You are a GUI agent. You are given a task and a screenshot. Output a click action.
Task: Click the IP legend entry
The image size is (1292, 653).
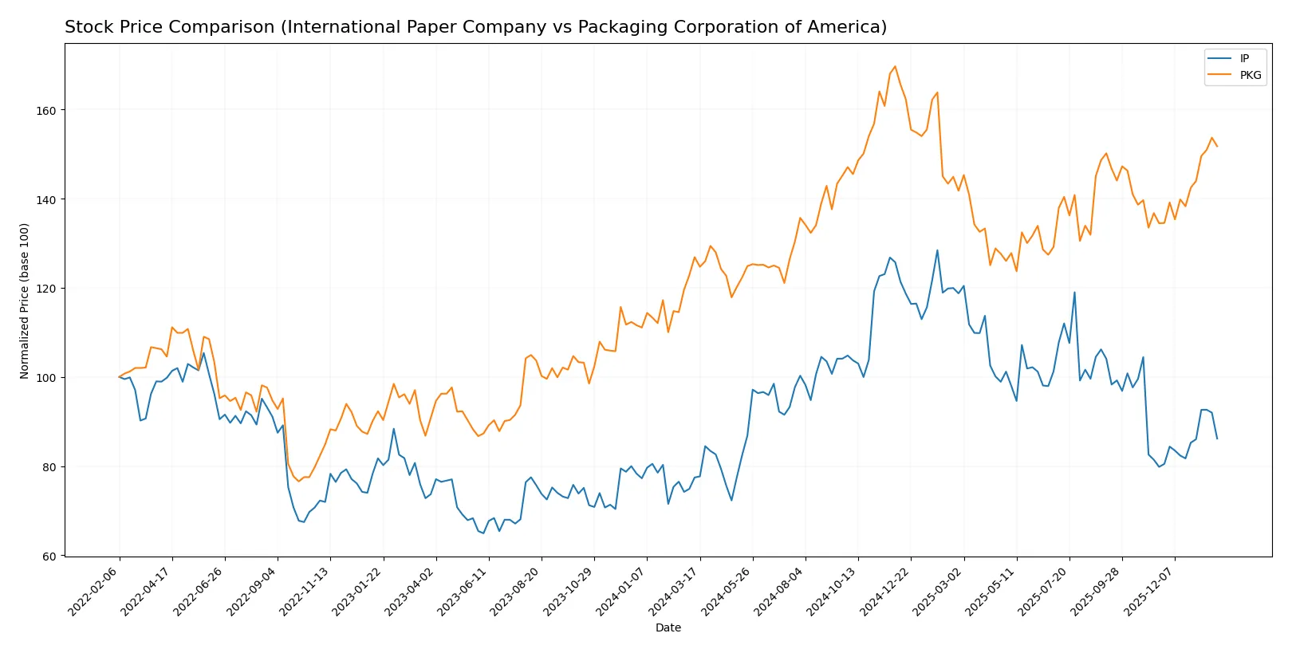pos(1244,58)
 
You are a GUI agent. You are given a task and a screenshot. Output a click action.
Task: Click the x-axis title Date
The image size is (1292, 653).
pos(668,628)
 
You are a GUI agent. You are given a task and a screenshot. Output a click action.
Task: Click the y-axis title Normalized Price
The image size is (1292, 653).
pos(25,301)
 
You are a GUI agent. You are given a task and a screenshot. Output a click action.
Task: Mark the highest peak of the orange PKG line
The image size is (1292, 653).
pos(895,66)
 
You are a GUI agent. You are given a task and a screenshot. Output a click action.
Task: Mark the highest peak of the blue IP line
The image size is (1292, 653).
pos(937,250)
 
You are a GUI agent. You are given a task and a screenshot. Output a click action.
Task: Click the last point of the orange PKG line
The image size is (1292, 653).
pos(1217,146)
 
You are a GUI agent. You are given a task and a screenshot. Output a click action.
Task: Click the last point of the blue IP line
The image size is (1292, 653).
pos(1217,439)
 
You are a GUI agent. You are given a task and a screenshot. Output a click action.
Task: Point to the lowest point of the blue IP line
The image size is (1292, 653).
pos(483,533)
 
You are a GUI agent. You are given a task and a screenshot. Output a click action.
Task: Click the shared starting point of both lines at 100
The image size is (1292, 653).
pos(120,377)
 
